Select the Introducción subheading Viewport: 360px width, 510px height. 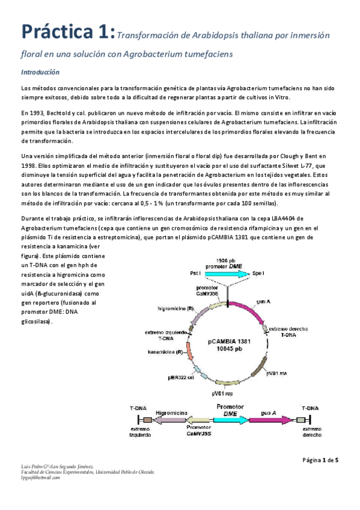click(40, 72)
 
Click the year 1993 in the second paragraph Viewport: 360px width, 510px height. click(38, 112)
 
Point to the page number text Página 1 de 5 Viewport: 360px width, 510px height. click(320, 461)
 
